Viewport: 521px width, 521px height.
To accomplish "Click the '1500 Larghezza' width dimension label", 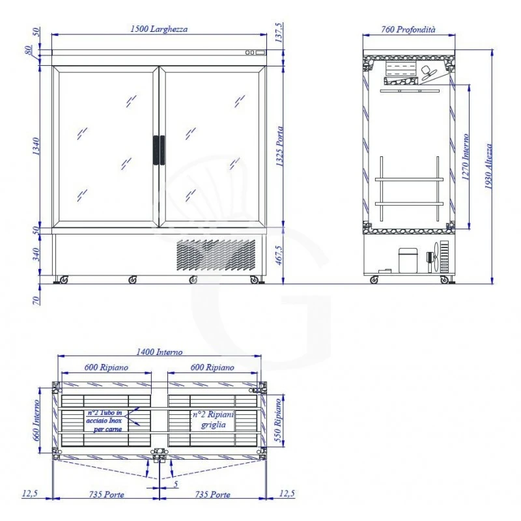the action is (x=159, y=29).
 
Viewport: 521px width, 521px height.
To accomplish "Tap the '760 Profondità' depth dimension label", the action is (x=408, y=29).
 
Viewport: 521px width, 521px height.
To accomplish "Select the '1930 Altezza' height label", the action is (x=488, y=166).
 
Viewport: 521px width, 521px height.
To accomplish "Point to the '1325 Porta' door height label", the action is (x=280, y=147).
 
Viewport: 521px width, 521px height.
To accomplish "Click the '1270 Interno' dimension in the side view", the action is (x=466, y=157).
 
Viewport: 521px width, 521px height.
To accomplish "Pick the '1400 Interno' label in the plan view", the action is (x=160, y=352).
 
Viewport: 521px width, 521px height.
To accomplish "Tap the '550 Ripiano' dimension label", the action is (x=278, y=420).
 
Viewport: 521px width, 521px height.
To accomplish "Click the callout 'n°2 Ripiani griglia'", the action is (x=214, y=419).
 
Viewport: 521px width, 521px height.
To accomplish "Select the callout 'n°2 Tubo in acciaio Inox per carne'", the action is (x=104, y=421).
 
